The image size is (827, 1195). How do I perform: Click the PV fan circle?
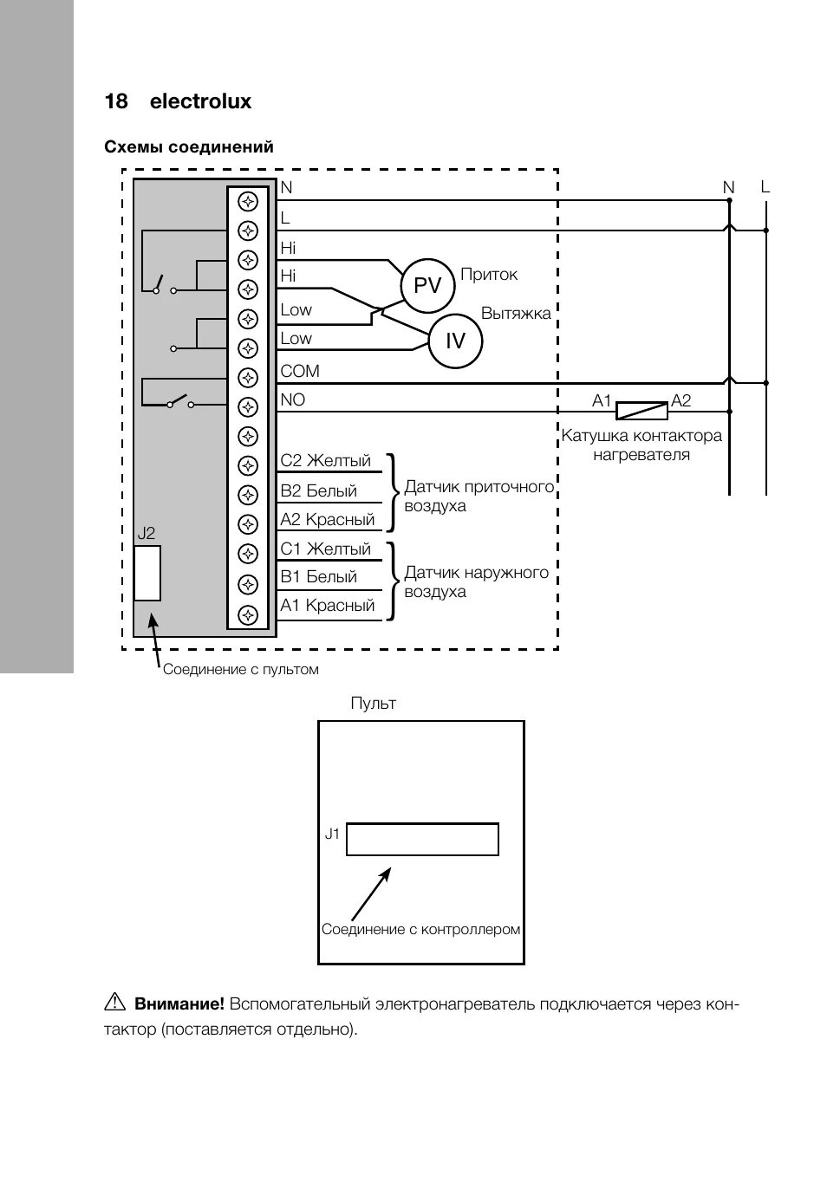click(x=427, y=285)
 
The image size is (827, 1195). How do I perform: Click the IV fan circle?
click(x=455, y=341)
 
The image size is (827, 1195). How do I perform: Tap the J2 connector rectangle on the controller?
click(x=147, y=573)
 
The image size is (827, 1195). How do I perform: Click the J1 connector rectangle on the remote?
click(x=422, y=839)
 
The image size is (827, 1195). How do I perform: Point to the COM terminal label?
click(x=300, y=371)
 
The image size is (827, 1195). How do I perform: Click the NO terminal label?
click(x=293, y=399)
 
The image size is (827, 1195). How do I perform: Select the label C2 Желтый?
click(x=325, y=460)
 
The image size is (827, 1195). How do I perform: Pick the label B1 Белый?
click(x=318, y=576)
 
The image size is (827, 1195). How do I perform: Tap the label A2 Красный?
click(x=327, y=519)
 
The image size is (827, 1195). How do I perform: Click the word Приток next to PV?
click(x=489, y=275)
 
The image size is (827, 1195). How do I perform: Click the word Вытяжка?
click(x=516, y=313)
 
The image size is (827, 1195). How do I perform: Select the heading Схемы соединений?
click(x=189, y=147)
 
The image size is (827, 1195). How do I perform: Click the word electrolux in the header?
click(x=200, y=101)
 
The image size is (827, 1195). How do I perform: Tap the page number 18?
click(x=116, y=101)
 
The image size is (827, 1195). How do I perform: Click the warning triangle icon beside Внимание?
click(x=114, y=1003)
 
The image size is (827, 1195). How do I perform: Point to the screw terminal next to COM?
click(x=249, y=378)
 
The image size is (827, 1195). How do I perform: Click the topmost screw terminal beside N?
click(x=249, y=201)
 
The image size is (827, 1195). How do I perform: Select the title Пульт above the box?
click(x=374, y=703)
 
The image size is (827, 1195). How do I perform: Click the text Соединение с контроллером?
click(x=420, y=929)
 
